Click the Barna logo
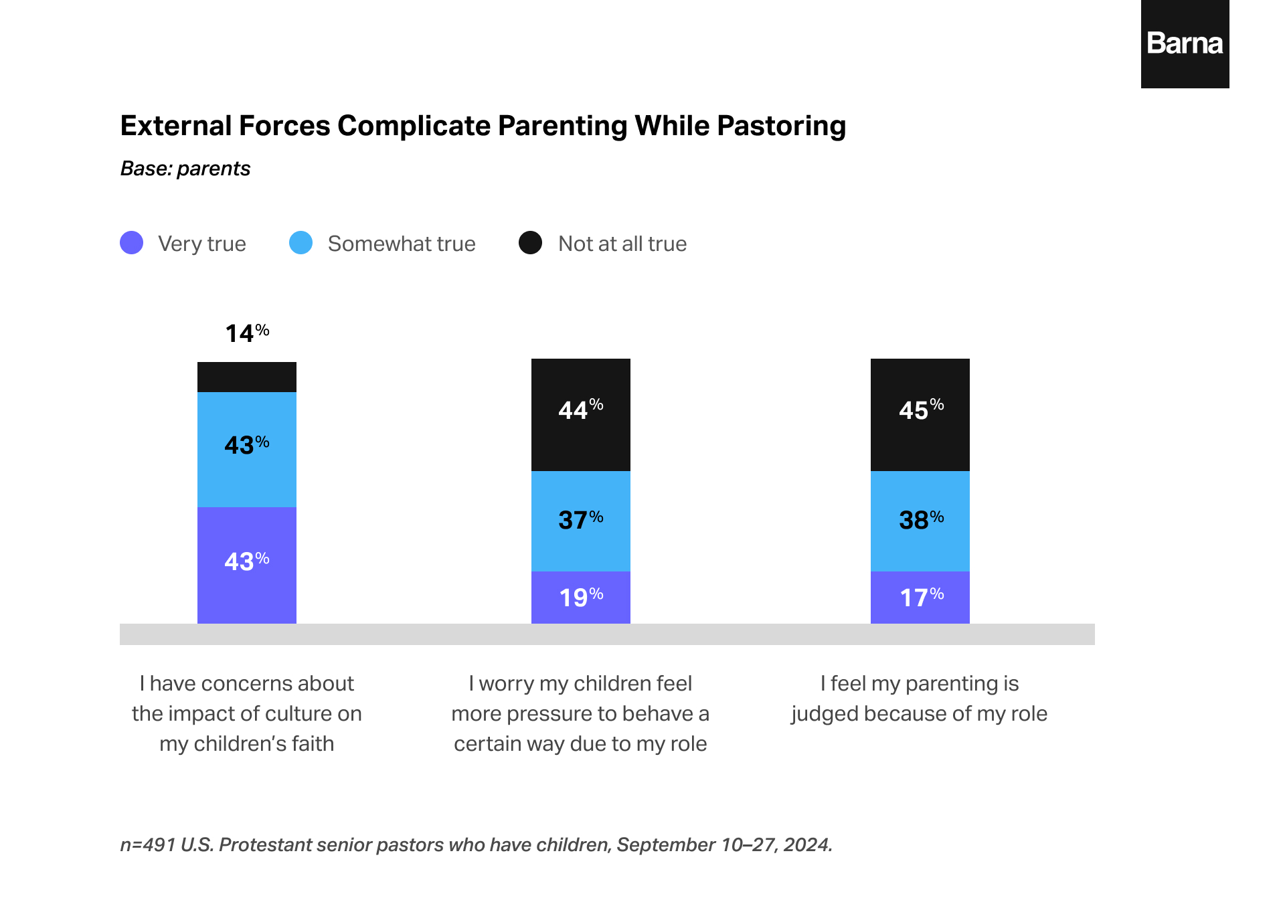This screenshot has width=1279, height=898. (x=1184, y=44)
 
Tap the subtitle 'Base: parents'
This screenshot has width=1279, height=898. (x=185, y=169)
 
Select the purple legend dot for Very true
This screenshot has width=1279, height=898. (x=131, y=243)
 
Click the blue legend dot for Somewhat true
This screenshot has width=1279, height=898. (x=301, y=243)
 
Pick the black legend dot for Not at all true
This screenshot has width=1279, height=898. (x=530, y=243)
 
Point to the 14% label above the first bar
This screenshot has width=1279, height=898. (x=246, y=333)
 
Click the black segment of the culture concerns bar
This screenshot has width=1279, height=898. (x=246, y=377)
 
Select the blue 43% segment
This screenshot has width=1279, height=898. (x=246, y=449)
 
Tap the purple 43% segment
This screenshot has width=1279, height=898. (x=246, y=565)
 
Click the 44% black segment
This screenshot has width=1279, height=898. (x=580, y=414)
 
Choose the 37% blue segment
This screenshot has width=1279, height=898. (x=580, y=521)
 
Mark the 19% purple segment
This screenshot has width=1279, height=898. (x=580, y=597)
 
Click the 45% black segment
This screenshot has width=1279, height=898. (x=920, y=414)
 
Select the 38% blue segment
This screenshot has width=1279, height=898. (x=920, y=521)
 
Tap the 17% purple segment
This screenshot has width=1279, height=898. (x=920, y=597)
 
